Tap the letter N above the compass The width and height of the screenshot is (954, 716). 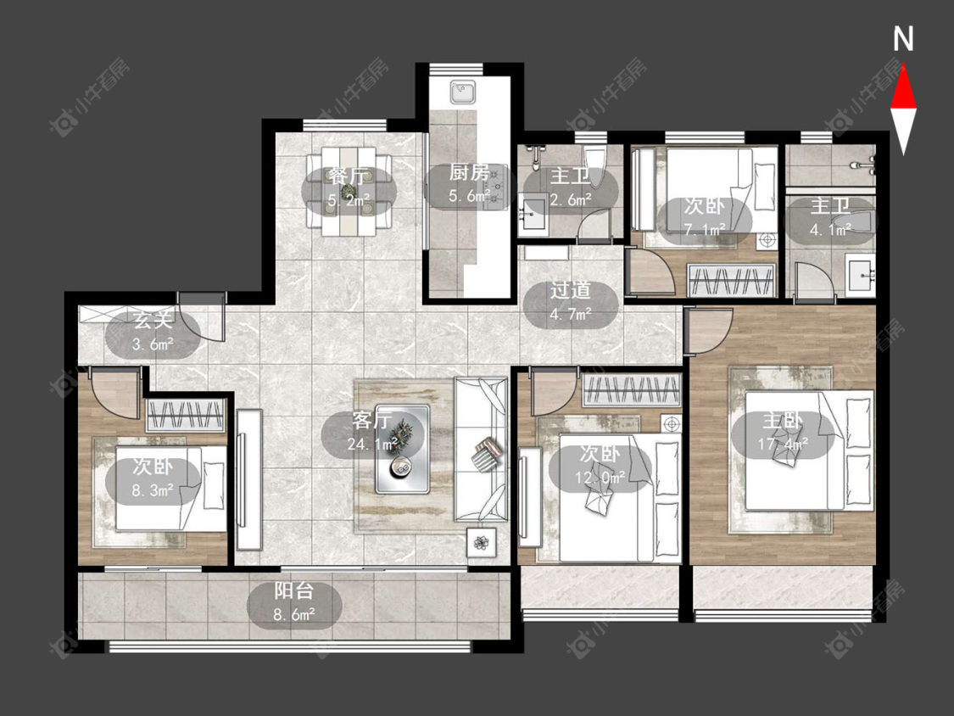point(903,39)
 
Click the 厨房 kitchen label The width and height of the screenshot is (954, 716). point(469,173)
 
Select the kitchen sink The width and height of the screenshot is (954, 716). point(462,93)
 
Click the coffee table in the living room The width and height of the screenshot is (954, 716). point(402,449)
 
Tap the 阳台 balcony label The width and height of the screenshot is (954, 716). point(294,590)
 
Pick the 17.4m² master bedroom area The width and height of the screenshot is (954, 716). point(783,444)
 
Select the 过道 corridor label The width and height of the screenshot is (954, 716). point(571,290)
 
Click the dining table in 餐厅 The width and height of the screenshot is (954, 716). point(349,191)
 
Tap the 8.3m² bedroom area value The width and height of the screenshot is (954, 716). point(153,489)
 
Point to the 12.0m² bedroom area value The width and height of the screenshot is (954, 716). point(600,477)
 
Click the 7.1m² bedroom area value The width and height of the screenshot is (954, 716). point(704,230)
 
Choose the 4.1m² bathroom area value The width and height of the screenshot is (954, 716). point(830,230)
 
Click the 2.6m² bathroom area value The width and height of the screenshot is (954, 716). point(572,199)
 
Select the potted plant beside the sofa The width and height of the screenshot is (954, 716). point(482,542)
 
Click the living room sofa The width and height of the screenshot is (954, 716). point(482,450)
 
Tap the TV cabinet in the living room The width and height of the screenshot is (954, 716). point(249,480)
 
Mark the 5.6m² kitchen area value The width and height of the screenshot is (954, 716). point(470,195)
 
